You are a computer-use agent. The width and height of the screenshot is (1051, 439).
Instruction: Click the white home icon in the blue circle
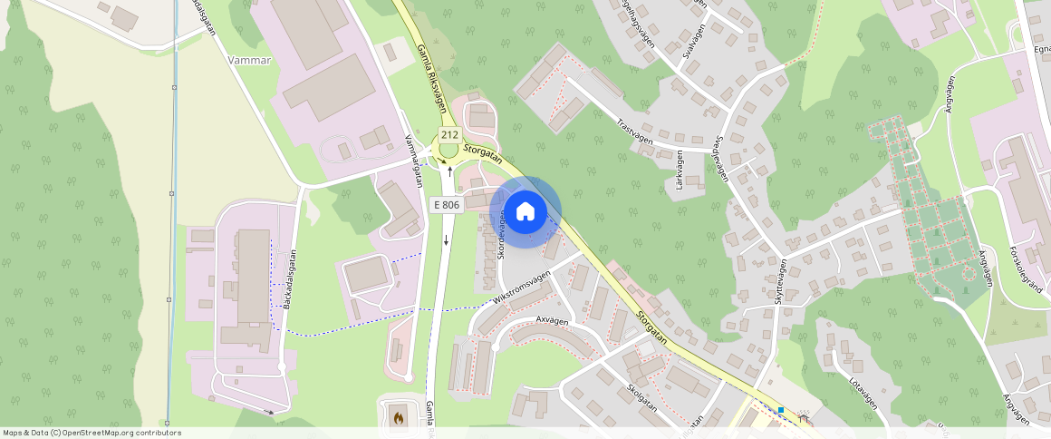(525, 212)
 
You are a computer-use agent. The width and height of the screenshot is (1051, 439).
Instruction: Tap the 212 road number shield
(448, 135)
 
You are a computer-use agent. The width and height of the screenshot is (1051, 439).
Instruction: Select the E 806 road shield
(446, 205)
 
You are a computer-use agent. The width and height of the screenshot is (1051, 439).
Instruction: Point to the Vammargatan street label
(413, 161)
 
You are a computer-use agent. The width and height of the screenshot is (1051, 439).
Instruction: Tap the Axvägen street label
(552, 320)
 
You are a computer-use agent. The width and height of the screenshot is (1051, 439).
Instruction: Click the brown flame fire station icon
(396, 418)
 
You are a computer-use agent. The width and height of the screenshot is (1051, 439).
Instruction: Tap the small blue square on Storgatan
(780, 410)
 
